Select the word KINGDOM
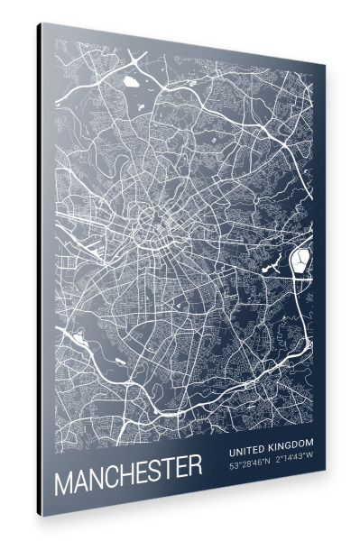tap(291, 444)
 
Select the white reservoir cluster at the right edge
tap(299, 261)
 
